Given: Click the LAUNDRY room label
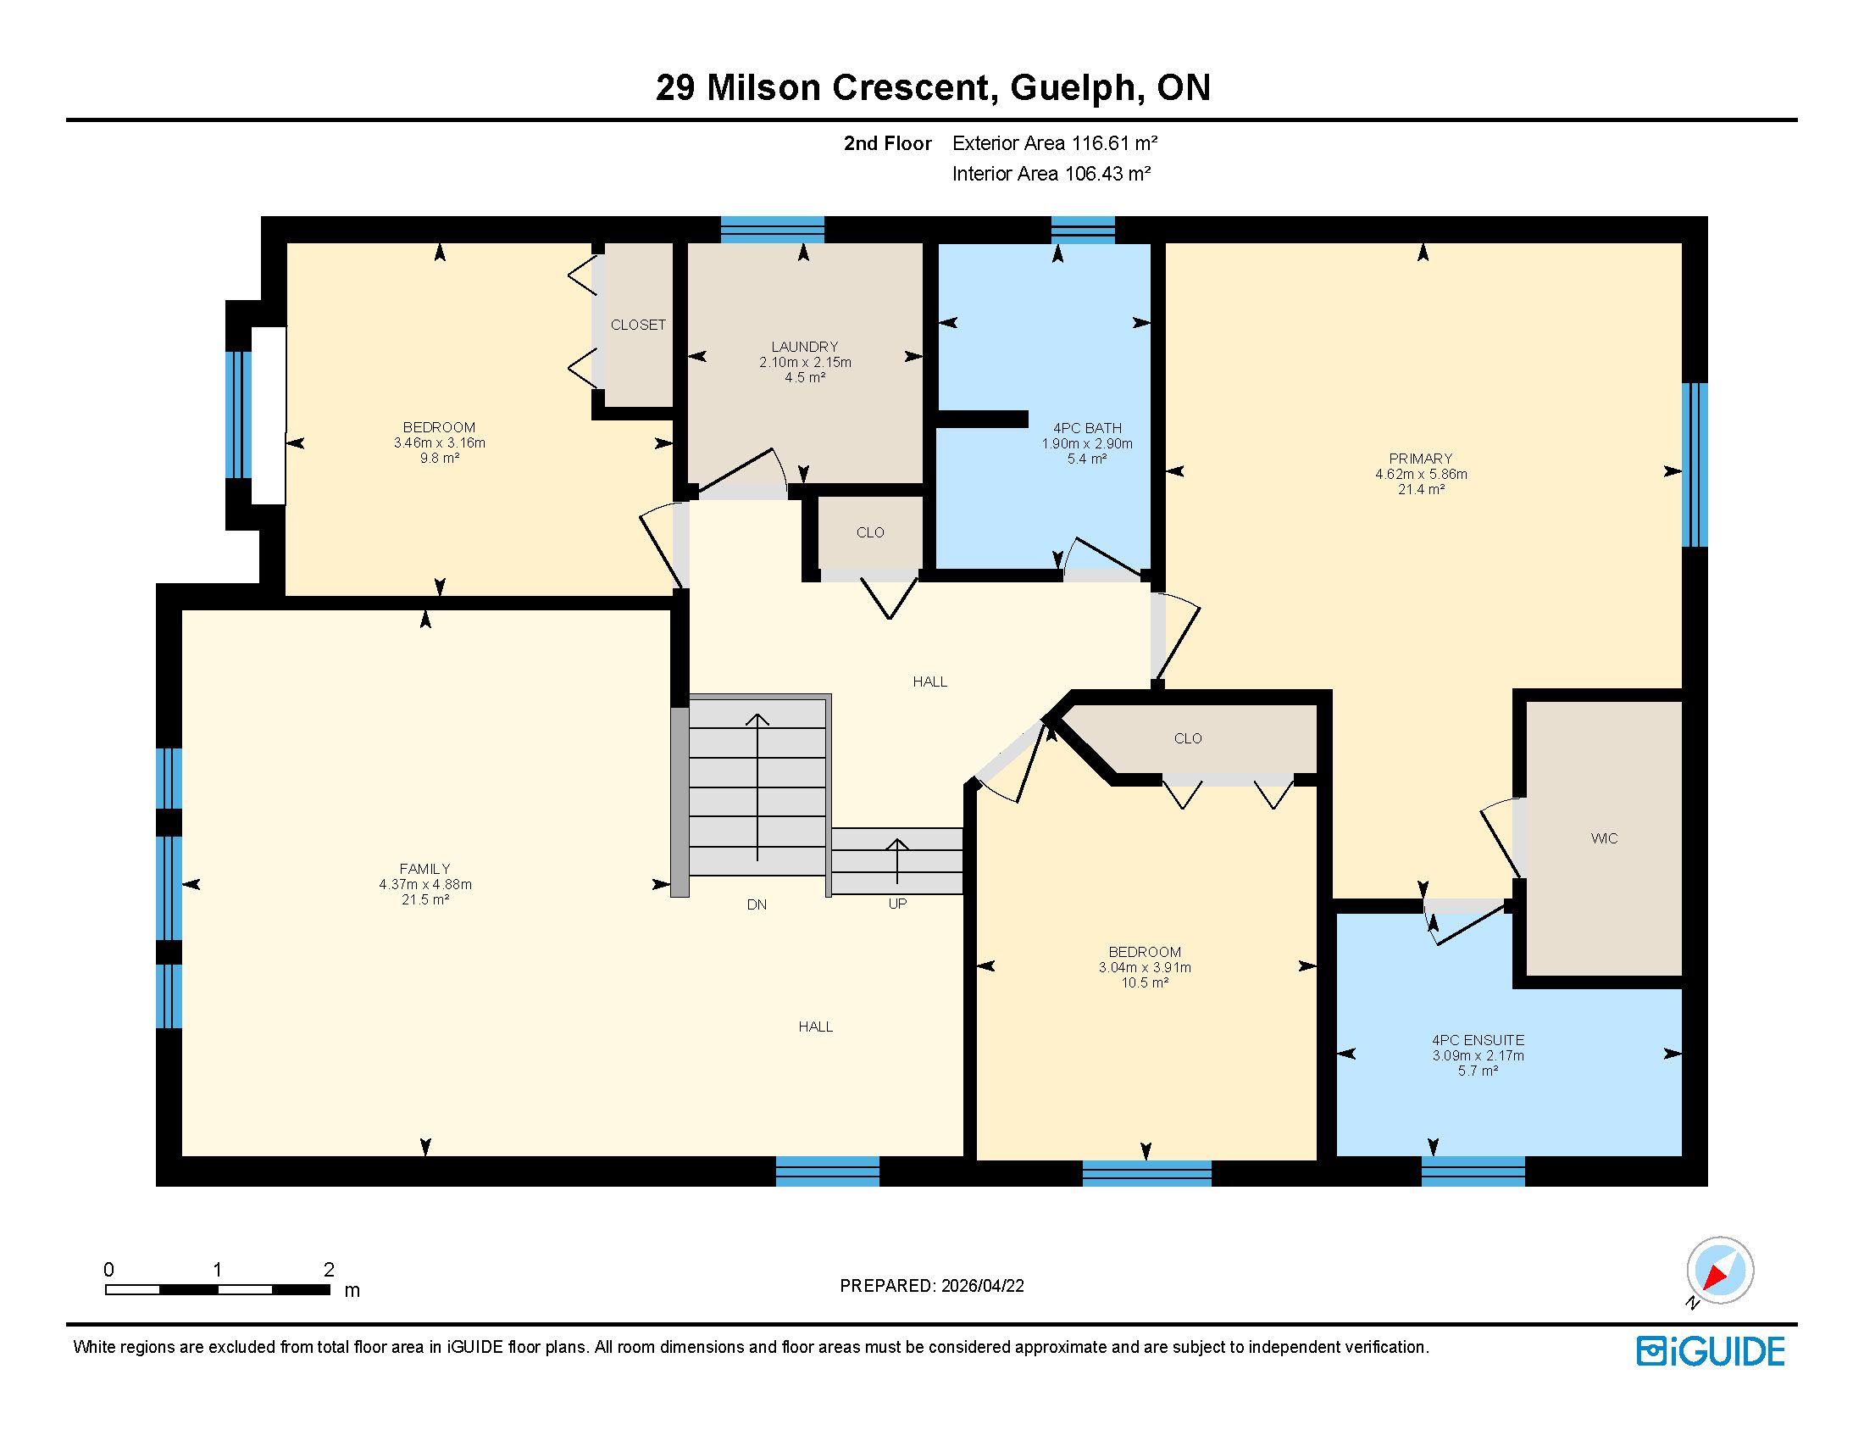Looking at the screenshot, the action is [x=804, y=347].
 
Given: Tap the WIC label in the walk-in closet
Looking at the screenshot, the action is [x=1604, y=838].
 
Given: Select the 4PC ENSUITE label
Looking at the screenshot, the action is [x=1478, y=1040].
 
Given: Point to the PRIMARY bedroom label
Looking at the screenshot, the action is [x=1420, y=459].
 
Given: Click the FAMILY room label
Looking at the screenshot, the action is [x=425, y=869].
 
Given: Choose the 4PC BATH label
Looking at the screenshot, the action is [x=1087, y=428].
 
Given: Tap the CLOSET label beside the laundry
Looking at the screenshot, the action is [x=638, y=325].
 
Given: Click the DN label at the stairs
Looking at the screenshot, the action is [x=756, y=904].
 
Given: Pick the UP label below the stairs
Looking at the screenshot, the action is [x=897, y=904].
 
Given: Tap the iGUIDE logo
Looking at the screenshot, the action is [x=1711, y=1351].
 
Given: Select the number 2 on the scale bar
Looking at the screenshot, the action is [x=329, y=1270].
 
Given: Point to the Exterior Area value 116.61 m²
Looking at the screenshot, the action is [x=1115, y=143].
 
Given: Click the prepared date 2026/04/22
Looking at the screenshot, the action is [x=982, y=1286].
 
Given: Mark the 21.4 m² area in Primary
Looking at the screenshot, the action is [x=1421, y=489].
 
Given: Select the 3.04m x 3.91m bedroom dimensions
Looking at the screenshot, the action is [x=1145, y=967].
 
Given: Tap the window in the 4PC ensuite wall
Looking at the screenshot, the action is [x=1473, y=1171].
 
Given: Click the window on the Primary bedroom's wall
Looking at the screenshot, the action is [x=1695, y=465].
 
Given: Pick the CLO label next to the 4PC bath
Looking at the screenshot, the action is [x=870, y=531].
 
